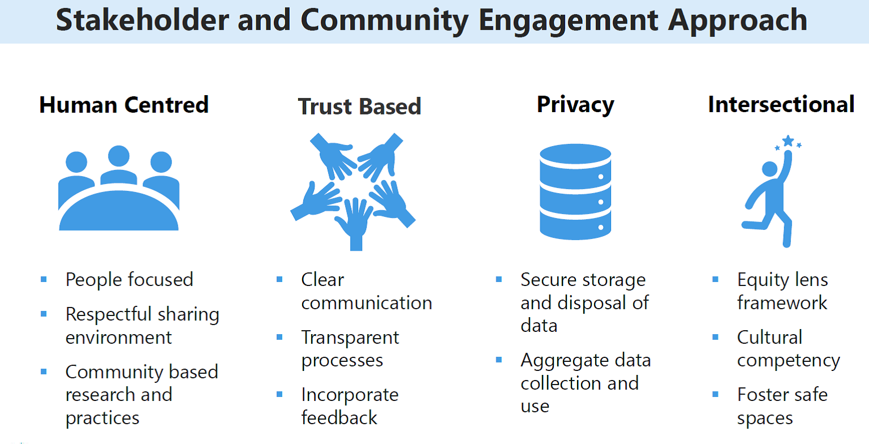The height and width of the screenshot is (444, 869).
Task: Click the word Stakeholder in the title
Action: (143, 20)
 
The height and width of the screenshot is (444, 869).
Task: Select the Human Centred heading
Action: (124, 105)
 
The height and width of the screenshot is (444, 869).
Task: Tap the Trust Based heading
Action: (360, 106)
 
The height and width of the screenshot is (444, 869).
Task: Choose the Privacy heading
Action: (575, 105)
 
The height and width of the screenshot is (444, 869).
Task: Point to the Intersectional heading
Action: (781, 104)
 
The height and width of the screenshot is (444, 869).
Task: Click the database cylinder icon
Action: (575, 191)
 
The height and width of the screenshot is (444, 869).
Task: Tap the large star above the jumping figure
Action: (788, 140)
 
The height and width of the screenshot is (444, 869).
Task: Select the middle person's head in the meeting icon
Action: (119, 156)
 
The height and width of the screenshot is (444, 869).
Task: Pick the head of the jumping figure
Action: (769, 169)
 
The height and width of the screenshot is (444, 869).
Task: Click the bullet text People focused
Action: (129, 280)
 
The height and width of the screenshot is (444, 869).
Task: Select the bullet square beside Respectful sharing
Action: (44, 314)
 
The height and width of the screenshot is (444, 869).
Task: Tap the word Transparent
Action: (350, 338)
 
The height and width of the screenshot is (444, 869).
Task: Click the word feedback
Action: (339, 418)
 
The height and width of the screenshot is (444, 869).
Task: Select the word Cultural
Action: (769, 337)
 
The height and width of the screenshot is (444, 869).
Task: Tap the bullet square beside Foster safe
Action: (716, 395)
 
